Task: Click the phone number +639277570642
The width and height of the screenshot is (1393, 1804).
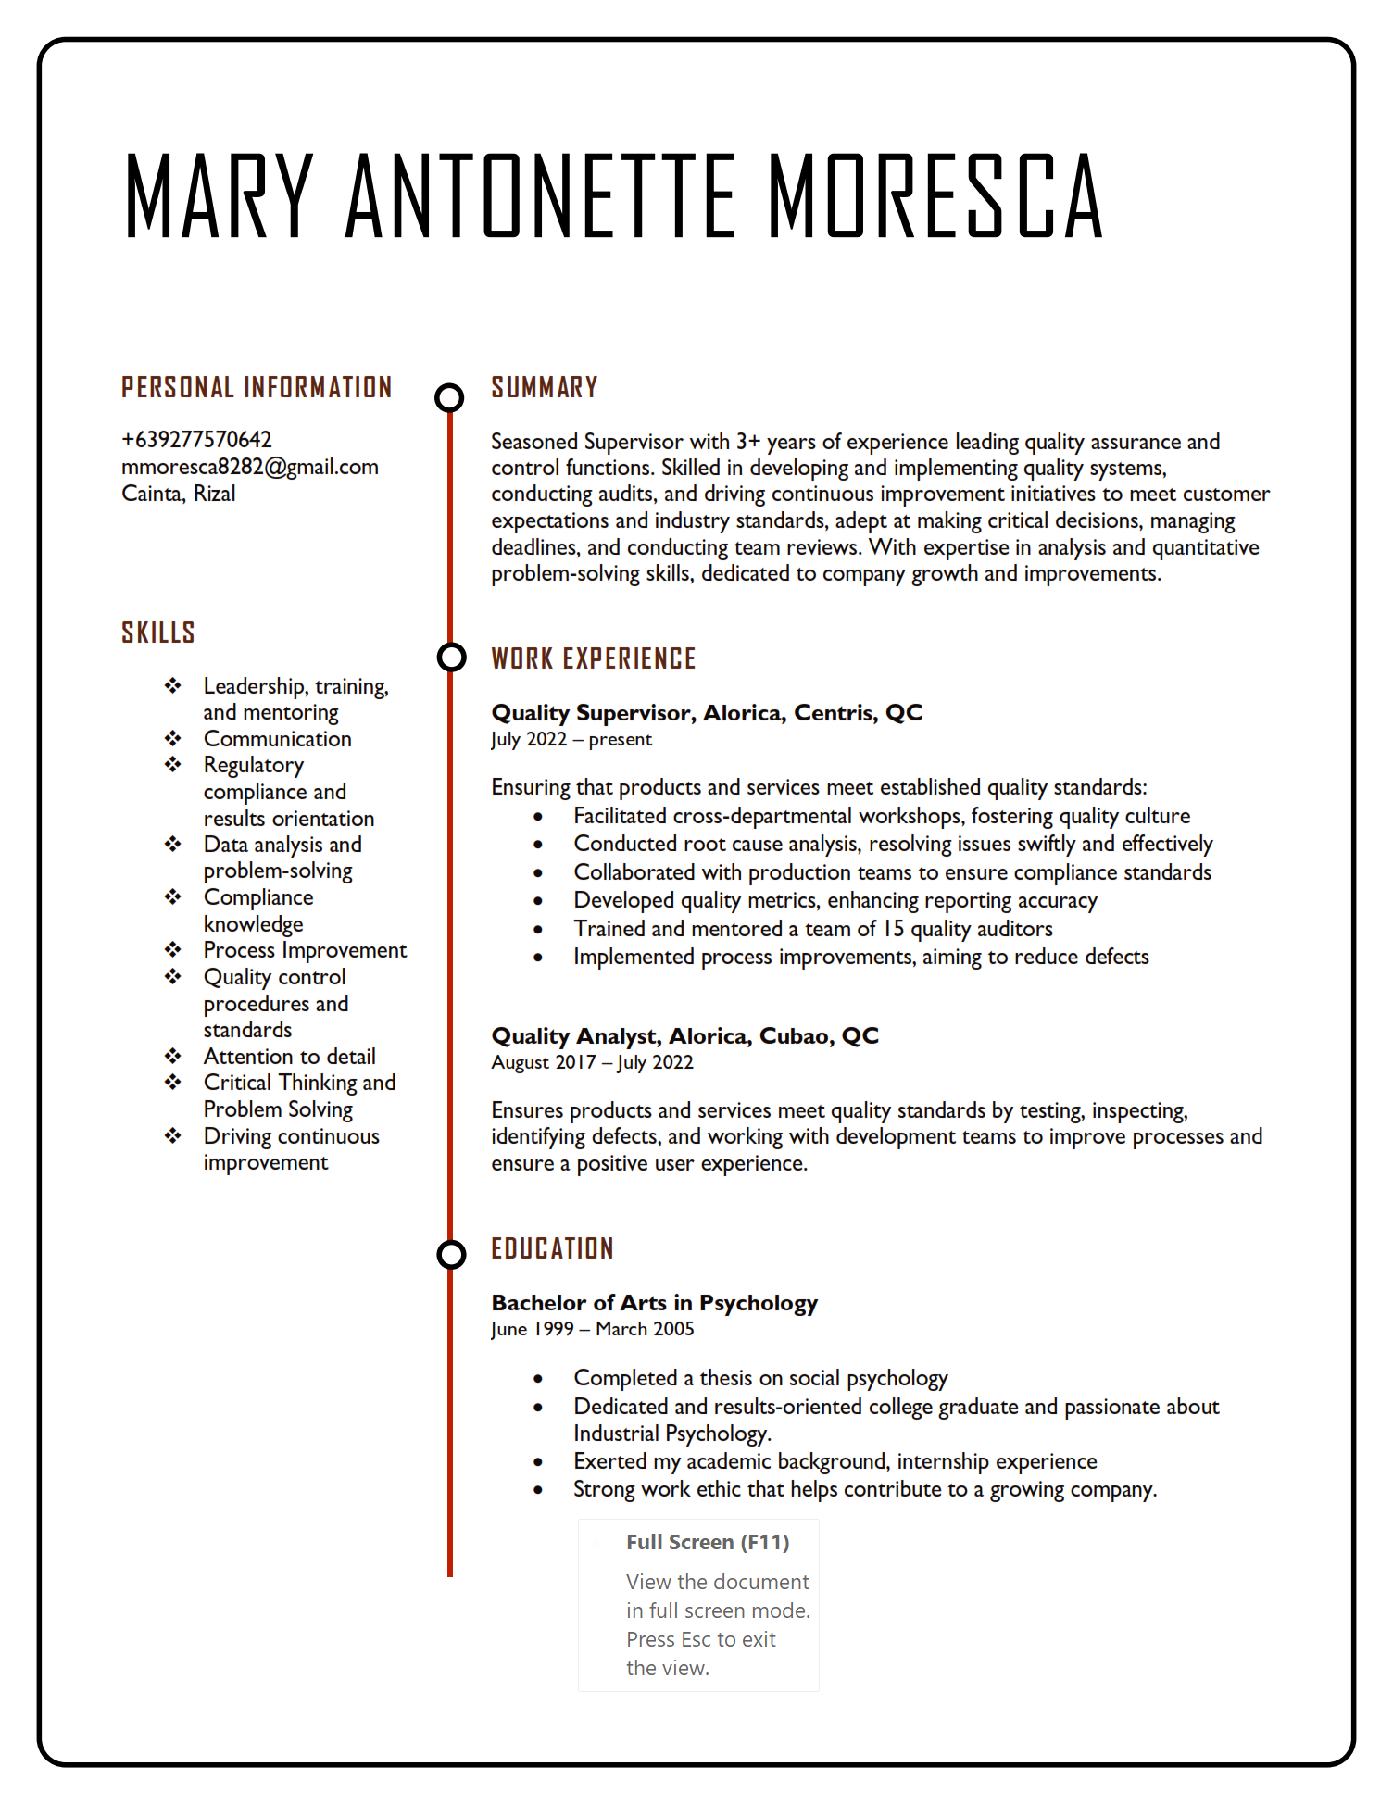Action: [196, 439]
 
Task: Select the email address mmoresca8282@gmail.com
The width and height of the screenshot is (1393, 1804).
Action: [250, 467]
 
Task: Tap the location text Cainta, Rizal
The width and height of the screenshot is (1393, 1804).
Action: [179, 494]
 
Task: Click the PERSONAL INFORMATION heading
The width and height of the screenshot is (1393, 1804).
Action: [257, 387]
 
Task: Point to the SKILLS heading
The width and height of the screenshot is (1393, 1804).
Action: [158, 633]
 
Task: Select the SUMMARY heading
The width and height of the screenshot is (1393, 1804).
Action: [545, 387]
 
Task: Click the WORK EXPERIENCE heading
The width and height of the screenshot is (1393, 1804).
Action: [594, 658]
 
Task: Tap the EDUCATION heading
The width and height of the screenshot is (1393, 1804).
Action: [553, 1248]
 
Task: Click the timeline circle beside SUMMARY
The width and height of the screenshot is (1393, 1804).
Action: [450, 397]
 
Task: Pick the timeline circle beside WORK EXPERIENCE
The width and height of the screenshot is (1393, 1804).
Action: [451, 657]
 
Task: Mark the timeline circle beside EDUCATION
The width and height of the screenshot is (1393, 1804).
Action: [451, 1254]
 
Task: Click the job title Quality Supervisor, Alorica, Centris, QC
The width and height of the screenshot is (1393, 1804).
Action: [707, 712]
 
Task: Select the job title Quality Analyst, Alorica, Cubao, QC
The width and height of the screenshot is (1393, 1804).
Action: [684, 1035]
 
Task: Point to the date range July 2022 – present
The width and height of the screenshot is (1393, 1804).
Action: [571, 739]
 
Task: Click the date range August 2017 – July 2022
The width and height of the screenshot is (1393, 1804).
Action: [592, 1062]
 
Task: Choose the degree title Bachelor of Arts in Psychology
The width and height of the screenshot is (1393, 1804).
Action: [654, 1302]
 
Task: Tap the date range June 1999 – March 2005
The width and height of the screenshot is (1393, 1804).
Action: [592, 1329]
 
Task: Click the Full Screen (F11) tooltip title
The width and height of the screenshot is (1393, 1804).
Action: [708, 1542]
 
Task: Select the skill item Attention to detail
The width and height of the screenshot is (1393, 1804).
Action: [289, 1057]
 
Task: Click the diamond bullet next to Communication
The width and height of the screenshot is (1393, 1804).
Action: [173, 738]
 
